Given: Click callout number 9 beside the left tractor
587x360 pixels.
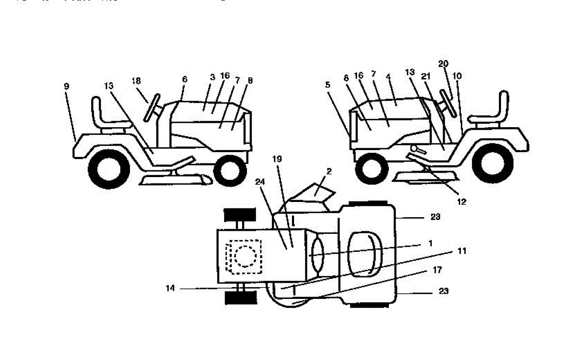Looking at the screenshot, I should coord(66,86).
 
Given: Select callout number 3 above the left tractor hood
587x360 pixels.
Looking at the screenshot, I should coord(212,77).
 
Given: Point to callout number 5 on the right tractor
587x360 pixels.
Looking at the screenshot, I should coord(328,84).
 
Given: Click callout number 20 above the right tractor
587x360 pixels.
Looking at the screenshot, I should coord(443,64).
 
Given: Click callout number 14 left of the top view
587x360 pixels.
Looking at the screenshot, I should coord(170,289).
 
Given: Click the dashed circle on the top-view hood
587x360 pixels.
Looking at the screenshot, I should coord(243,255).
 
